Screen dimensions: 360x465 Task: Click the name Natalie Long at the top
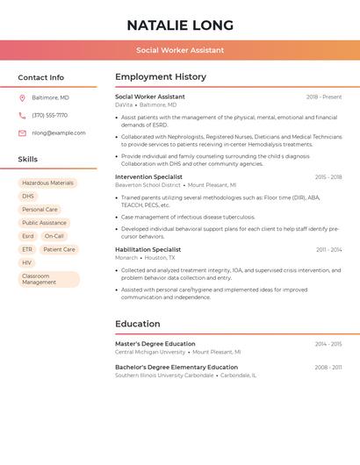[180, 25]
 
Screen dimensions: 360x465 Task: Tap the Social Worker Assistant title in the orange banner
[180, 50]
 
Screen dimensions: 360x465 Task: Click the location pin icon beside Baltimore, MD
[22, 97]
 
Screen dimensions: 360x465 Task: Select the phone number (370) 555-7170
[49, 115]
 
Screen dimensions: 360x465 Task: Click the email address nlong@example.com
[59, 133]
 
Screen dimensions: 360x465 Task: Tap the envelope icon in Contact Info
[22, 133]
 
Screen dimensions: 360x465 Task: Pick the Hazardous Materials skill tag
[47, 183]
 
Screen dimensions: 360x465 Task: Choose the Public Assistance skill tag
[44, 223]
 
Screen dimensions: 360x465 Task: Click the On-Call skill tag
[54, 236]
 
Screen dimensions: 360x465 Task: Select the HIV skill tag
[26, 262]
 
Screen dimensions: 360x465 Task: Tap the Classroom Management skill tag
[48, 279]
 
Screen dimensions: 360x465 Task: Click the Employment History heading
[161, 77]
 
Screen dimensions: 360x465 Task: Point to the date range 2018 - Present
[324, 97]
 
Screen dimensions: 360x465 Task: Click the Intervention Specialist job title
[148, 176]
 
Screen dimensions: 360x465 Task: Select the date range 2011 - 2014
[329, 249]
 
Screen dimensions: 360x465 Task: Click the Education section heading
[138, 324]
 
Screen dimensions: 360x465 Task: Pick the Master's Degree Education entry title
[155, 344]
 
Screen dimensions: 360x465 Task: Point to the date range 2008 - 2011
[328, 368]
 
